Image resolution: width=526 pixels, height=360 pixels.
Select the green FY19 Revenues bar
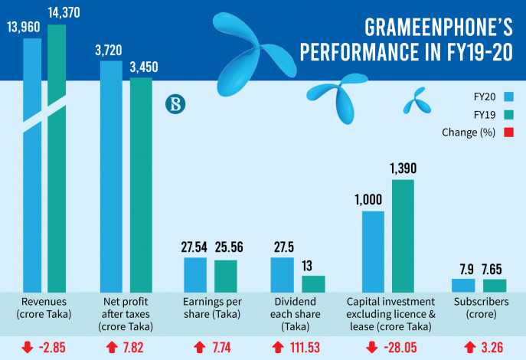[x=57, y=153]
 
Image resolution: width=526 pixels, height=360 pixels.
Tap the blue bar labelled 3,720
[x=111, y=176]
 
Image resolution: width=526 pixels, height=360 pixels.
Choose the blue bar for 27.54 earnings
[x=194, y=274]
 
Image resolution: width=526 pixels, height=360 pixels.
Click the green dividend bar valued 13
[x=313, y=283]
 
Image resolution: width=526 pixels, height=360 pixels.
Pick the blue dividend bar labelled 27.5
[x=282, y=274]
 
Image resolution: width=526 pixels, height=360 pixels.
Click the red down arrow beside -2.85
[x=28, y=347]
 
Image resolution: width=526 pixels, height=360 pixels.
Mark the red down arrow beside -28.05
[x=372, y=347]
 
